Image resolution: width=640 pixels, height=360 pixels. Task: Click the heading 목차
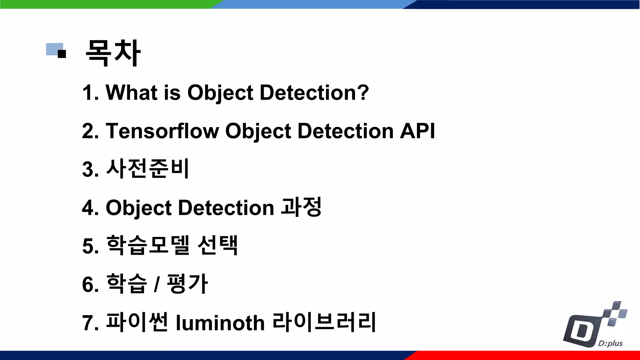tap(113, 53)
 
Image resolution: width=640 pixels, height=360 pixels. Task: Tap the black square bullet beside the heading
tap(62, 54)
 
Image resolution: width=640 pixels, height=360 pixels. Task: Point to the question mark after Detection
tap(363, 92)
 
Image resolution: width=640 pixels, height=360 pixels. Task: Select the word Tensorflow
tap(162, 131)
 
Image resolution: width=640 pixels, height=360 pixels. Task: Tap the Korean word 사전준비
tap(147, 169)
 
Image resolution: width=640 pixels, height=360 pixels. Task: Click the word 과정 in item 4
tap(301, 207)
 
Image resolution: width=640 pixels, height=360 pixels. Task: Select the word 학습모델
tap(147, 246)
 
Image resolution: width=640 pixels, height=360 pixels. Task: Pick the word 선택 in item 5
tap(218, 246)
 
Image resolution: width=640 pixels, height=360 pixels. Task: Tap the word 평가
tap(187, 283)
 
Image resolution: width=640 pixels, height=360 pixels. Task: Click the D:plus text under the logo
tap(610, 343)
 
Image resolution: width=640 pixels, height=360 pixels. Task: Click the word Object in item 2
tap(258, 131)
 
